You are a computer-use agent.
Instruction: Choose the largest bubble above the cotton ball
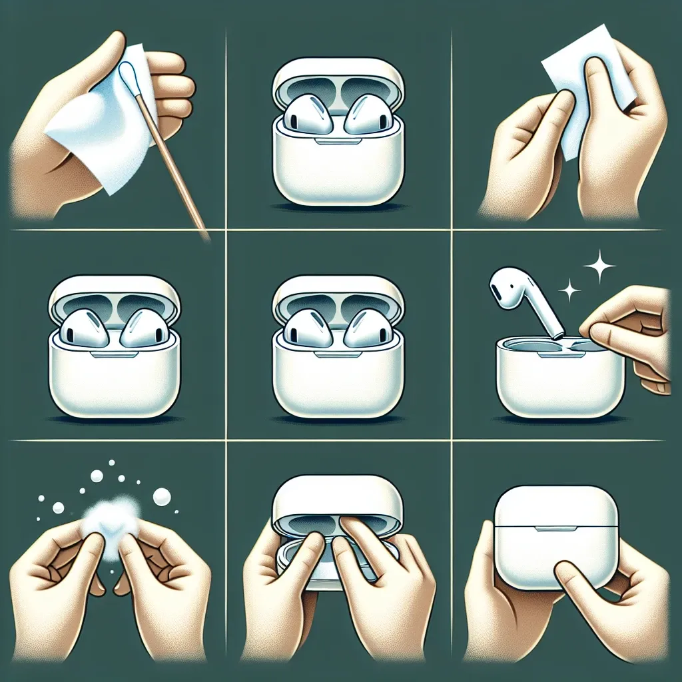(162, 496)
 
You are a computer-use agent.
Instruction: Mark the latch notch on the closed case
(556, 529)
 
